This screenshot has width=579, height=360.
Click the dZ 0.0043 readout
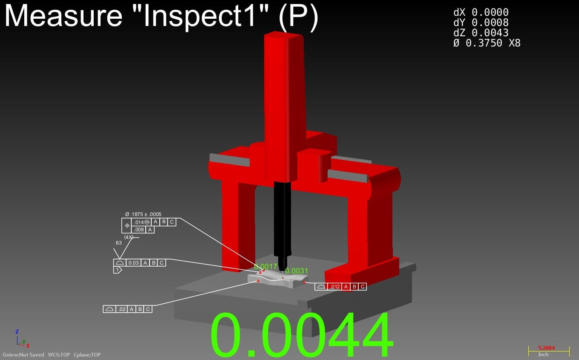[x=481, y=33]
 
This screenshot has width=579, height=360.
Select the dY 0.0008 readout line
[x=481, y=23]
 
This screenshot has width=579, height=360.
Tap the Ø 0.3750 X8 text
[x=487, y=43]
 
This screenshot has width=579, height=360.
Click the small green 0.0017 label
[x=265, y=267]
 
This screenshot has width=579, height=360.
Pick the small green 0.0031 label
[x=297, y=271]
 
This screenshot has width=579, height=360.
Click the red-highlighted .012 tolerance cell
[x=335, y=287]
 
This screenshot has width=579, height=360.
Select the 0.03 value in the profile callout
[x=133, y=263]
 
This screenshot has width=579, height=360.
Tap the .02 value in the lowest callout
[x=122, y=309]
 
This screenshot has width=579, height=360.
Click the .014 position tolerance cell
[x=141, y=222]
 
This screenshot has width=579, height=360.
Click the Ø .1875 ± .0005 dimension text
[x=143, y=214]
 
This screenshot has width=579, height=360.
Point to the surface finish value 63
[x=118, y=243]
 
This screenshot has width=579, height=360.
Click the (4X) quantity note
[x=129, y=237]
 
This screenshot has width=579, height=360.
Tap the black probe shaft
[x=282, y=217]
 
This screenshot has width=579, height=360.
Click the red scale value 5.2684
[x=547, y=348]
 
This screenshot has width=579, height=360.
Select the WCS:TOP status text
[x=59, y=355]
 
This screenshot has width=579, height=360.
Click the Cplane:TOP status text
[x=87, y=355]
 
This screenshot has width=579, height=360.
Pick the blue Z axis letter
[x=17, y=331]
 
